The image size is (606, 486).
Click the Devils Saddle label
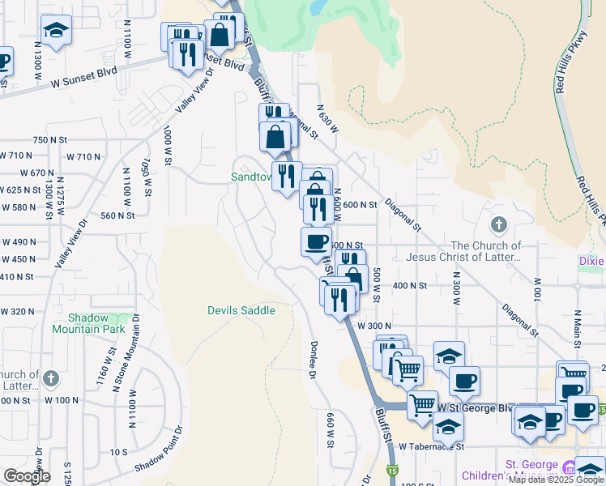[x=241, y=310]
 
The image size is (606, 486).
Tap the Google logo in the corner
[x=27, y=476]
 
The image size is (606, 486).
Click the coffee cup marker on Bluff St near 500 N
[x=316, y=241]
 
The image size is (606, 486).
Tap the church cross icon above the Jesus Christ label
[x=499, y=224]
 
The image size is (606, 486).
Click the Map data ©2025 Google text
[x=556, y=480]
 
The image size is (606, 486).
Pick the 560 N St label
[x=117, y=215]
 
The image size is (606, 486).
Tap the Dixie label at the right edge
[x=591, y=261]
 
